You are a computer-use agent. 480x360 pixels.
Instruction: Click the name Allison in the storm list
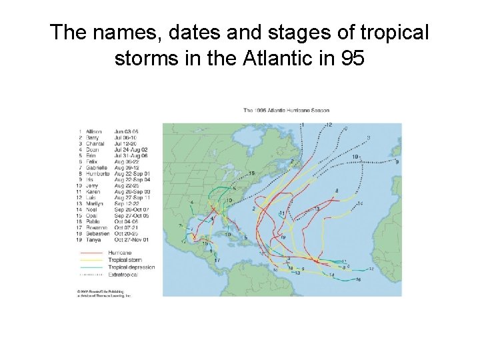point(95,131)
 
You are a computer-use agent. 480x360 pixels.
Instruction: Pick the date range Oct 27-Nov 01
point(131,239)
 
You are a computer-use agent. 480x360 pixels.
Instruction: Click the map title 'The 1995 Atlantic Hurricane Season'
point(286,110)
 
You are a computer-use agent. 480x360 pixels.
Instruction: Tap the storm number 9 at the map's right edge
point(397,162)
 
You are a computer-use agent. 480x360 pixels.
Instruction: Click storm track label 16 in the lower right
point(358,280)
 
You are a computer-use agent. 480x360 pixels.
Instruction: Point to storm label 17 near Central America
point(217,260)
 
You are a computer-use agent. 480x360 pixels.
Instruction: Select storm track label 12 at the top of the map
point(329,125)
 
